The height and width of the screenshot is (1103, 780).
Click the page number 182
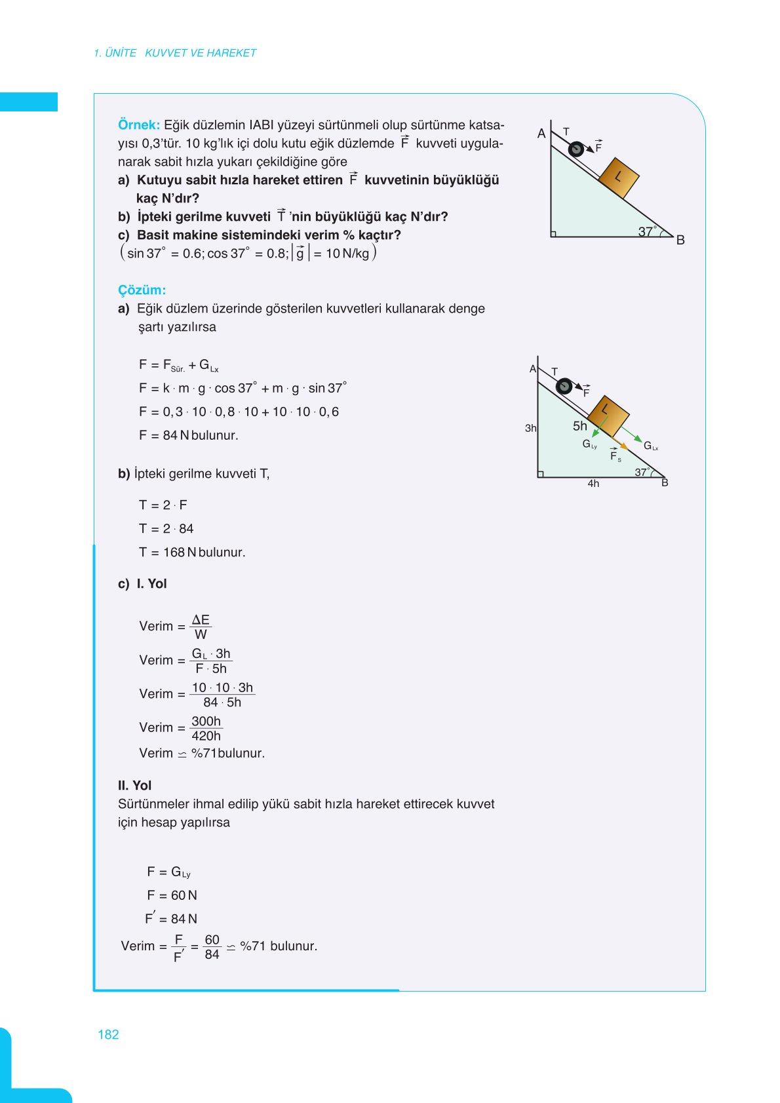point(108,1034)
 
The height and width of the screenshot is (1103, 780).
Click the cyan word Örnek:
point(138,125)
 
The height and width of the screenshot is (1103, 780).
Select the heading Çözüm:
point(142,290)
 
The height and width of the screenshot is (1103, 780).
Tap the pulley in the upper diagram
point(575,149)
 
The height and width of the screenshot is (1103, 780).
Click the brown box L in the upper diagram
point(618,177)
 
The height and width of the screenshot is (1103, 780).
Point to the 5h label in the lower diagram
point(580,426)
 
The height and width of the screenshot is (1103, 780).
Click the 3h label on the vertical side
point(530,428)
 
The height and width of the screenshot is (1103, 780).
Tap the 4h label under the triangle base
point(593,484)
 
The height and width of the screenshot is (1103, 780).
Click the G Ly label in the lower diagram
point(589,444)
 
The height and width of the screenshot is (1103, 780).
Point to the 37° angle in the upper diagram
point(646,231)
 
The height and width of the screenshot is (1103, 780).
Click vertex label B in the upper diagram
point(680,240)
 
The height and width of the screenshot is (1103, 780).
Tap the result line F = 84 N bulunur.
point(188,435)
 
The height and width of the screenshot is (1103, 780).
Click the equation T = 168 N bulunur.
point(192,552)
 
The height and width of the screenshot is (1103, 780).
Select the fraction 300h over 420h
point(206,728)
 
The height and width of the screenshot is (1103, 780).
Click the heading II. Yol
point(134,785)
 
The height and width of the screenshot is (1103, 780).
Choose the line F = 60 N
point(172,895)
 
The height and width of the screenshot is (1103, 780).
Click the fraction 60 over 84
point(212,947)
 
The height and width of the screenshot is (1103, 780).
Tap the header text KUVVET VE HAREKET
point(200,53)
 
